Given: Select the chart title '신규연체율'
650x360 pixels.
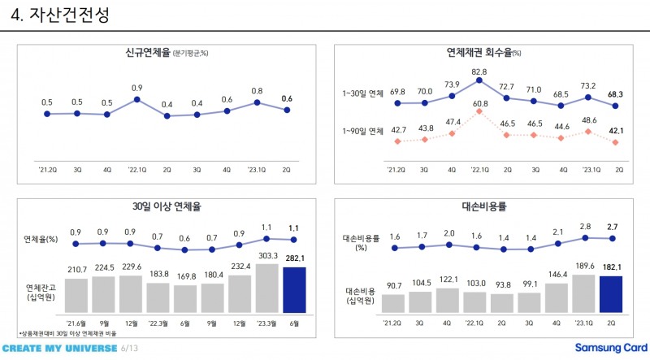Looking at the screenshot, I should point(141,54).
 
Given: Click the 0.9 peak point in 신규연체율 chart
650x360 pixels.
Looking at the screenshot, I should point(137,99).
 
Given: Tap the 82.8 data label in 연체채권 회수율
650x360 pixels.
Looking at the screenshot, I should point(479,72).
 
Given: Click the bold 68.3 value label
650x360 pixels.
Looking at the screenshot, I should point(616,93).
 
